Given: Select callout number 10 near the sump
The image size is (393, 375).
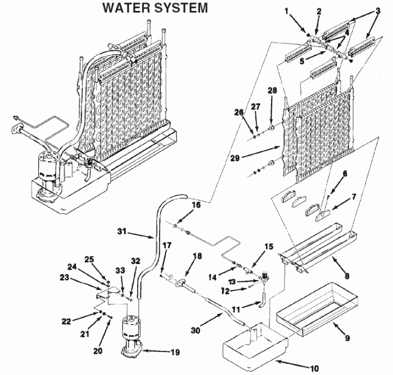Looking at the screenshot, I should pyautogui.click(x=313, y=369).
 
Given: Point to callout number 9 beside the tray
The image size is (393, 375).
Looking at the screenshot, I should pyautogui.click(x=347, y=338).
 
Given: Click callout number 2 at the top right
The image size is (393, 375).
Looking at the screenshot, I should pyautogui.click(x=319, y=10).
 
